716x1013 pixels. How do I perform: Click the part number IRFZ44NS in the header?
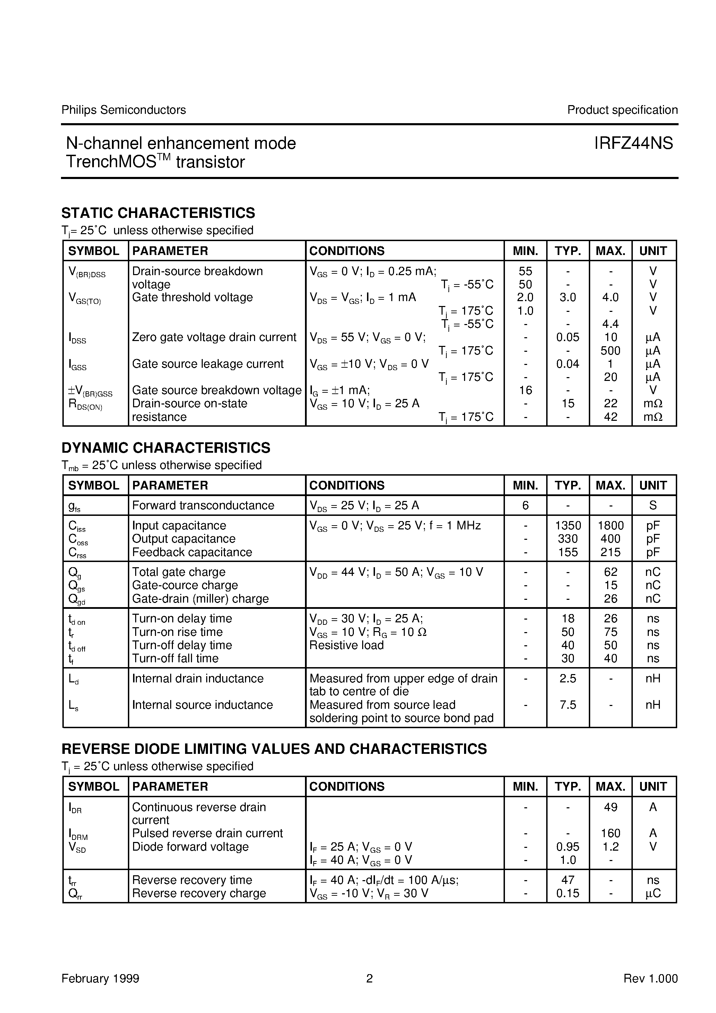click(633, 143)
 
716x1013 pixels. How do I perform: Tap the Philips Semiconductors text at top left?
click(123, 110)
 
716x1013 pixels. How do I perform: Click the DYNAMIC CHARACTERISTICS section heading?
click(166, 448)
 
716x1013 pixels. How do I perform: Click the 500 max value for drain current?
click(610, 351)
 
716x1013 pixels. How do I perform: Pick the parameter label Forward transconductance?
click(203, 505)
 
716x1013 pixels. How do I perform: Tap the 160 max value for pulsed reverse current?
click(610, 833)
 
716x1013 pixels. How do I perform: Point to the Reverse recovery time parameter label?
click(192, 880)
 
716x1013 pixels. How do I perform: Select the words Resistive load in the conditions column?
click(346, 645)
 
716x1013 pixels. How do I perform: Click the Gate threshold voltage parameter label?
click(192, 297)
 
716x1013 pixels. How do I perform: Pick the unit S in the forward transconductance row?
click(653, 505)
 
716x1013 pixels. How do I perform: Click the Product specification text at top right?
click(622, 110)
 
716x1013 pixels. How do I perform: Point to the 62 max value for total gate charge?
click(610, 572)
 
